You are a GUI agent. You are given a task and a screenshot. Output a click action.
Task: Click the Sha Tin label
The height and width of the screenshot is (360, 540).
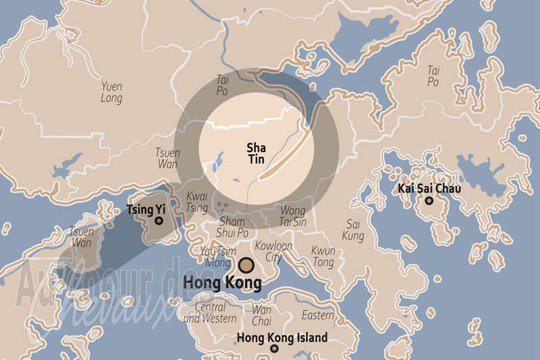(256, 153)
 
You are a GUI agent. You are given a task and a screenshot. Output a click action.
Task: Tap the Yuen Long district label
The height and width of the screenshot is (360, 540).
(112, 93)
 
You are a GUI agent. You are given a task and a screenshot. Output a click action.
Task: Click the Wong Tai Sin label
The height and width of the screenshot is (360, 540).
(292, 216)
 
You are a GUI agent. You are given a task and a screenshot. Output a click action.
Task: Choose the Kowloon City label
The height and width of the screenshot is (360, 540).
(273, 252)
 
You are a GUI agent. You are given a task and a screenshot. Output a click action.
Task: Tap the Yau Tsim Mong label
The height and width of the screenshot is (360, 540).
(217, 257)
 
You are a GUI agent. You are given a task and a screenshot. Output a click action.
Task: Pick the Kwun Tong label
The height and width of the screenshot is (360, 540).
(323, 256)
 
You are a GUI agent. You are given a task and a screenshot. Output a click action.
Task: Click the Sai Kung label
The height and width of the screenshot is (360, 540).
(354, 230)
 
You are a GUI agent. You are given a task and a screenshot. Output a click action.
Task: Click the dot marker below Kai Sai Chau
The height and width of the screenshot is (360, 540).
(428, 201)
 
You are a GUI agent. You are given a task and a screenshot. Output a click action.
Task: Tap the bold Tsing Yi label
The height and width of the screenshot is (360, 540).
(146, 209)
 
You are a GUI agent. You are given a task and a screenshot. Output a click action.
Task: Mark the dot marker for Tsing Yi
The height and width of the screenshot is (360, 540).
(159, 220)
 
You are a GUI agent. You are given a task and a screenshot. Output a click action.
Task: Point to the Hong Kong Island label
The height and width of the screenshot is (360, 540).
(282, 338)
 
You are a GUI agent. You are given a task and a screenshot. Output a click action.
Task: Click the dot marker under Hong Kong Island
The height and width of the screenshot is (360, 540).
(274, 349)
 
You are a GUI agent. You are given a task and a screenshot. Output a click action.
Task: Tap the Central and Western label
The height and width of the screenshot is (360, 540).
(210, 313)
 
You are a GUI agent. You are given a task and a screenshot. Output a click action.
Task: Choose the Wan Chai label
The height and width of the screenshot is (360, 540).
(261, 315)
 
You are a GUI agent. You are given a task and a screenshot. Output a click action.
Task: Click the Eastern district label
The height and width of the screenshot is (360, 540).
(318, 315)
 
